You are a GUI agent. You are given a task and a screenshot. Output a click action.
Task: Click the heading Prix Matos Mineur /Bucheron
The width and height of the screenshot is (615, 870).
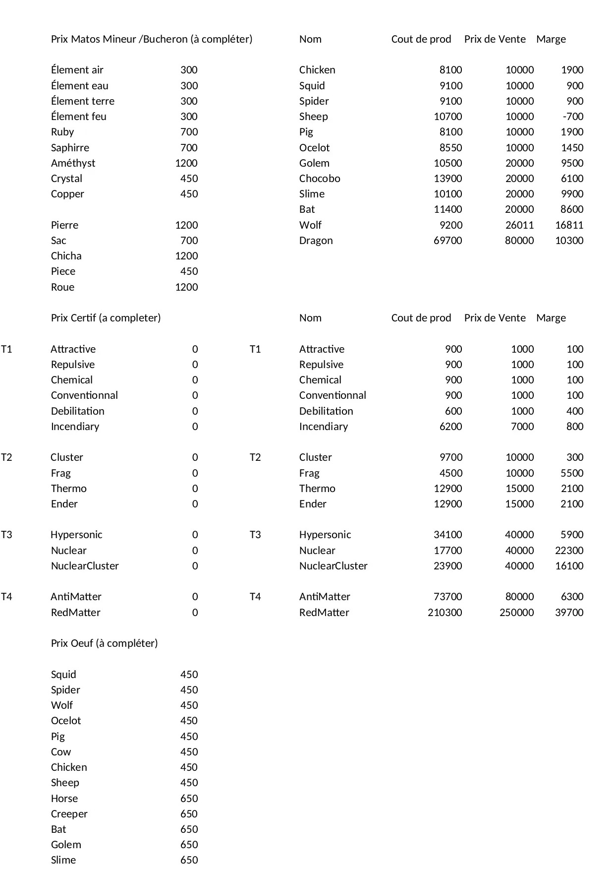151,39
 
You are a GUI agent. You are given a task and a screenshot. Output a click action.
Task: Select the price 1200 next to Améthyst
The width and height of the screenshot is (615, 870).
186,163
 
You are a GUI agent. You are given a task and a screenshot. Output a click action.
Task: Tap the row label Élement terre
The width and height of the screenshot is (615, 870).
82,101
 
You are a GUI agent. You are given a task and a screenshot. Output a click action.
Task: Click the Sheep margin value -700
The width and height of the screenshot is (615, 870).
573,117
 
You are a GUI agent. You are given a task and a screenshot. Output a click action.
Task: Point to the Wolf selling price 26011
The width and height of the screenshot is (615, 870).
519,225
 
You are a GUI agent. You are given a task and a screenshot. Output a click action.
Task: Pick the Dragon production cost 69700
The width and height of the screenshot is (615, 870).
447,241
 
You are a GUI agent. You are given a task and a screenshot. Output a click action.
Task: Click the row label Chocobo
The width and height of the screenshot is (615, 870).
319,179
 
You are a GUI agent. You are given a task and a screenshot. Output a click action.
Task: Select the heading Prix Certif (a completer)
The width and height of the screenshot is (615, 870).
106,318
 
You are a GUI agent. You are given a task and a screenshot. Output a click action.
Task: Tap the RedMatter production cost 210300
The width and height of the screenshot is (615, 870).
445,613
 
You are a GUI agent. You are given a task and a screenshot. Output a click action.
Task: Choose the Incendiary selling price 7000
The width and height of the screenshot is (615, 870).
522,427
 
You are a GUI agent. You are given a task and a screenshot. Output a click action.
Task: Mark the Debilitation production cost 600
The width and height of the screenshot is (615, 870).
453,411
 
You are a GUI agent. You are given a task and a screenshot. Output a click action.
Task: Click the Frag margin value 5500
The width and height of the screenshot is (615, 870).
572,473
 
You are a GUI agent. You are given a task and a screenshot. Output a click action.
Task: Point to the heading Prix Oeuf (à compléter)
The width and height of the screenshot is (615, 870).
104,643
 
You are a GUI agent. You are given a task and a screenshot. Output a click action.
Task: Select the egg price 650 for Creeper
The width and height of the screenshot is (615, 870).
189,814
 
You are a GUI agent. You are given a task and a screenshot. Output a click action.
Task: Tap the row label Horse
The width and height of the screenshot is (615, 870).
64,799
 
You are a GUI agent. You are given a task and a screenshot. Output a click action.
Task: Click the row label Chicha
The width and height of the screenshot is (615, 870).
66,256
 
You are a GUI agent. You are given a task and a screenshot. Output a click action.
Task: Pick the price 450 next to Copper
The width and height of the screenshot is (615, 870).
189,194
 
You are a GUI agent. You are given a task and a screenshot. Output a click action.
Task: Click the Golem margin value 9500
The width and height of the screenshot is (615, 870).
572,163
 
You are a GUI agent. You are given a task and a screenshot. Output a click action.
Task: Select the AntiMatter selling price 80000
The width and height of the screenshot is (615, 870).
519,597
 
